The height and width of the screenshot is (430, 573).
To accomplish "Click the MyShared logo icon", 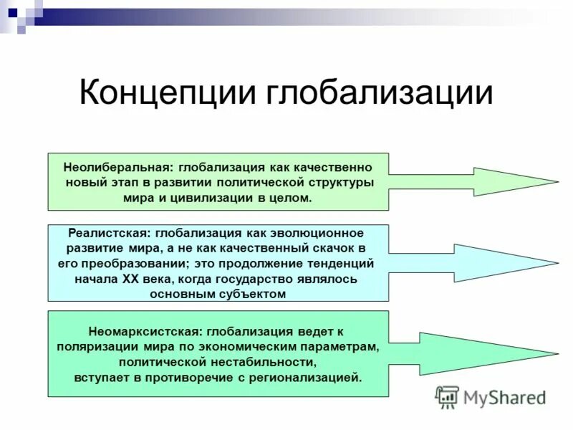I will click(x=448, y=397).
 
